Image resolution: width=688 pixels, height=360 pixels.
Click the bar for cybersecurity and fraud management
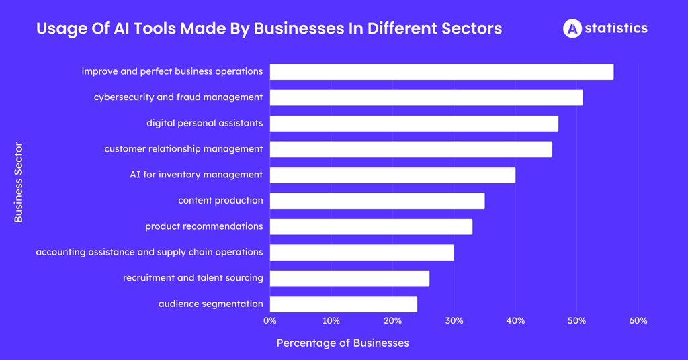(x=426, y=97)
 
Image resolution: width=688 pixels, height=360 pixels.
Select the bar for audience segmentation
(x=343, y=304)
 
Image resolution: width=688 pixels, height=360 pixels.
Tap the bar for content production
(x=377, y=201)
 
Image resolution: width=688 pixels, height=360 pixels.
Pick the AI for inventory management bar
(x=392, y=175)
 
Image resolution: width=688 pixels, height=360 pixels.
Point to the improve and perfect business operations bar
(x=441, y=72)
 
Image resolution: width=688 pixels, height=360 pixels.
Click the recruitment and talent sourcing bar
(x=349, y=278)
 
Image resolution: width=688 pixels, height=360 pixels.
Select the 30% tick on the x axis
(x=454, y=321)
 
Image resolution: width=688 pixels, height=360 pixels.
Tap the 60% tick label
(x=638, y=321)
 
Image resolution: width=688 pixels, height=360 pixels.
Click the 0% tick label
(x=270, y=321)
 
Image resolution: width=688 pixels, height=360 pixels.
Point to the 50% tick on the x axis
(x=576, y=321)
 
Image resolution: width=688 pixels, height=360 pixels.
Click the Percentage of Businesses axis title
(x=343, y=343)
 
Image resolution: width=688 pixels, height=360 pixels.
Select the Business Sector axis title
(x=18, y=182)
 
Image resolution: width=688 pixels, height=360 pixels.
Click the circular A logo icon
(x=572, y=28)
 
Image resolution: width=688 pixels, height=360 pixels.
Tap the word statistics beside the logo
(x=616, y=28)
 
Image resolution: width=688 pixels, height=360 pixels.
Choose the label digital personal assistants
(x=204, y=123)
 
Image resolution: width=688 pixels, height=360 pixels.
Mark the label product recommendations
(x=204, y=226)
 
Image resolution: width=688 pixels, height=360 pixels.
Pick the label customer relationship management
(x=183, y=149)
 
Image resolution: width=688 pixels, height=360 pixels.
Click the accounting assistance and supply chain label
(x=149, y=252)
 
